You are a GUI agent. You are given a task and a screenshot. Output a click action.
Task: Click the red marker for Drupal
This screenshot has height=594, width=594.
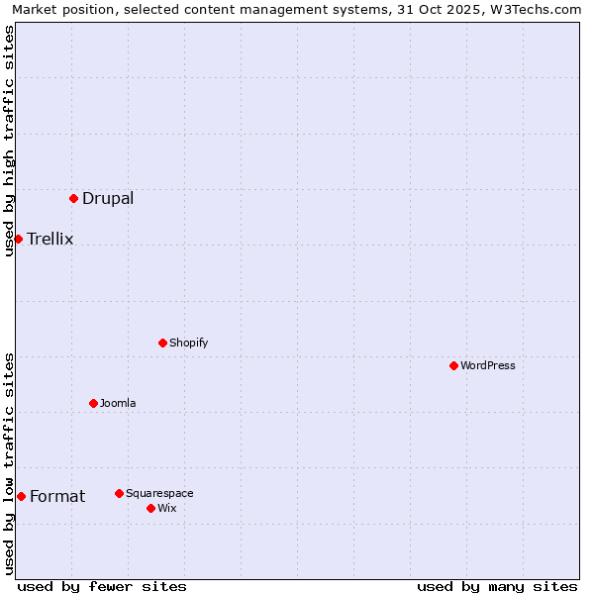(73, 198)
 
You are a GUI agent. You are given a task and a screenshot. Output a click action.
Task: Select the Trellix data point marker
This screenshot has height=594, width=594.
(18, 239)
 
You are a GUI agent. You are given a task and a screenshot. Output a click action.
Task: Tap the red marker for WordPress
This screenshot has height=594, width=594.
(453, 365)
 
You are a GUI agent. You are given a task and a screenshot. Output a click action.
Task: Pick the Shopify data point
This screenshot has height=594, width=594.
(162, 343)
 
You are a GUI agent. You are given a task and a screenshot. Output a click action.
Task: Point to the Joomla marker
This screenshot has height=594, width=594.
(93, 403)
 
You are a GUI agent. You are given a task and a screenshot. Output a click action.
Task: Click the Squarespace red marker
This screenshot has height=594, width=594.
(119, 493)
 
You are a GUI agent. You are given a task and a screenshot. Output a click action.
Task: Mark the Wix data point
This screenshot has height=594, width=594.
(150, 508)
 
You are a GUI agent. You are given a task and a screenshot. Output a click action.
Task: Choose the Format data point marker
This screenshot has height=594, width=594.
(21, 496)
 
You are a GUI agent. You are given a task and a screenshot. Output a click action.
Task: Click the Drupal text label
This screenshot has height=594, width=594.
(108, 198)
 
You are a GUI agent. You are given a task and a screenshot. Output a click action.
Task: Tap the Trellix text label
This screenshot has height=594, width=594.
(50, 239)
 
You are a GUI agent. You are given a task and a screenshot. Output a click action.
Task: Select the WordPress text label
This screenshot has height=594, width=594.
(488, 365)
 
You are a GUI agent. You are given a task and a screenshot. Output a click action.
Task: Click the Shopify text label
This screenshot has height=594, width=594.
(189, 343)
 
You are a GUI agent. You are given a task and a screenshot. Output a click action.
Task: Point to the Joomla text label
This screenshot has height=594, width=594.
(118, 403)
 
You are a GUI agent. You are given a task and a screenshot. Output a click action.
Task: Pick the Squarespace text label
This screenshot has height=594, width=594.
(159, 493)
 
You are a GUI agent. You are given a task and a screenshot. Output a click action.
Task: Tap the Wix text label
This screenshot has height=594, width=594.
(167, 508)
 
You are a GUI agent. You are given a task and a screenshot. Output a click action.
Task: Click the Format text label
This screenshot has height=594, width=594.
(57, 496)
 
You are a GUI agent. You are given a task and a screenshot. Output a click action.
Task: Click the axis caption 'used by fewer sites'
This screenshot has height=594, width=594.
(102, 586)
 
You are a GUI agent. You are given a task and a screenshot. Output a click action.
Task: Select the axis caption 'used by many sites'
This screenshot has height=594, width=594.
(497, 586)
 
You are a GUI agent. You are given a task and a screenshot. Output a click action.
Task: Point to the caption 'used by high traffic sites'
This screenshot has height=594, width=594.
(9, 141)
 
